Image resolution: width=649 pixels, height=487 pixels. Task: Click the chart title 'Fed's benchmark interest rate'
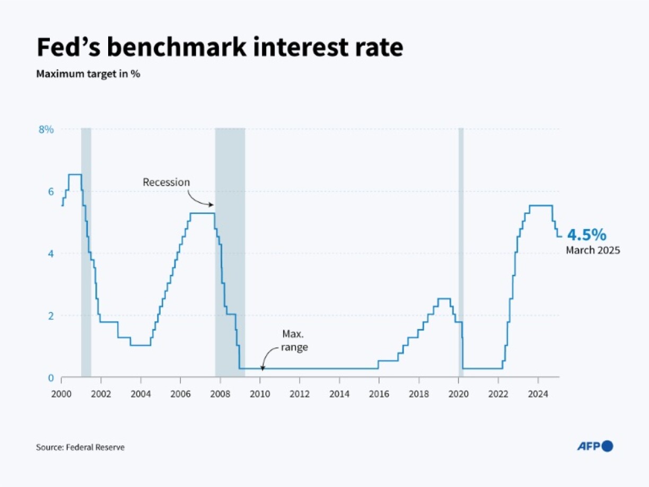click(220, 47)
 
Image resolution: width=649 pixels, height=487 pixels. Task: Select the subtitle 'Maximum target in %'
click(88, 74)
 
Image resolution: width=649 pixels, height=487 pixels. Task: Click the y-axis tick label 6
click(51, 192)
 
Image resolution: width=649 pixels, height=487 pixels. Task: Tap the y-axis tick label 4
click(51, 254)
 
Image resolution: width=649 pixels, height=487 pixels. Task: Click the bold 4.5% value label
click(587, 235)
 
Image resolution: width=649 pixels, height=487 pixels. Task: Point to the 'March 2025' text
click(592, 250)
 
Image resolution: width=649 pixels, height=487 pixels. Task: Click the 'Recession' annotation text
click(166, 182)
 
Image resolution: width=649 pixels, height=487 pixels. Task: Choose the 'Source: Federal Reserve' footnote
click(80, 447)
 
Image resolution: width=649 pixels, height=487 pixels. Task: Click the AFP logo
click(595, 446)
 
